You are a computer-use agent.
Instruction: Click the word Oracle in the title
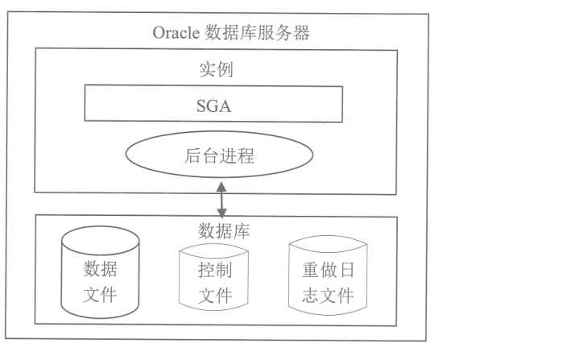pyautogui.click(x=175, y=33)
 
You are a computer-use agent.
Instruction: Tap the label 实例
pyautogui.click(x=216, y=70)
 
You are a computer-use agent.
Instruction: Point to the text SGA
pyautogui.click(x=214, y=104)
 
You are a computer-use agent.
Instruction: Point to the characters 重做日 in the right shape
pyautogui.click(x=322, y=270)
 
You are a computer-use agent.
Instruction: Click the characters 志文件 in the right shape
pyautogui.click(x=322, y=295)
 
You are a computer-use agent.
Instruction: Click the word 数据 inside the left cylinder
pyautogui.click(x=100, y=267)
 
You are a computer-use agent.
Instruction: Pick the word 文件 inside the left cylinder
pyautogui.click(x=100, y=292)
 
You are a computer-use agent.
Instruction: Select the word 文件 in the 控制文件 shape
pyautogui.click(x=214, y=296)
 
